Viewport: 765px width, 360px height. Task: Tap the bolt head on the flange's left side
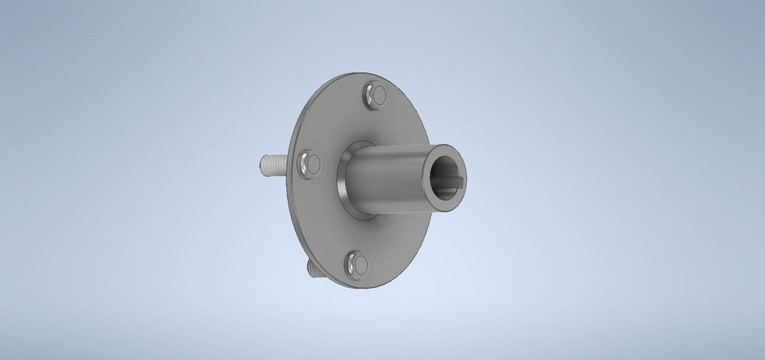[x=308, y=164]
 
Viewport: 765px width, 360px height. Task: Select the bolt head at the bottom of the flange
[x=356, y=263]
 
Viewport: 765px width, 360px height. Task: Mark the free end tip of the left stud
[x=263, y=166]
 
